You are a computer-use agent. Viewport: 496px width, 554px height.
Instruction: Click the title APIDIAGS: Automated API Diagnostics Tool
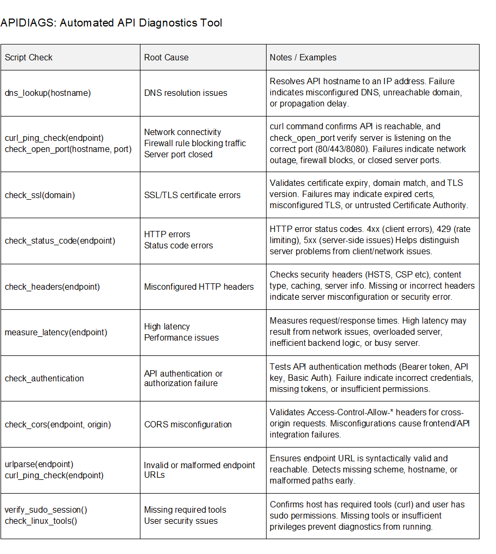(111, 23)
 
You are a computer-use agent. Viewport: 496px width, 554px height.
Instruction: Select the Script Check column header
(29, 57)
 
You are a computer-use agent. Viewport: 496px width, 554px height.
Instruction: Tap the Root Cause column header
(166, 57)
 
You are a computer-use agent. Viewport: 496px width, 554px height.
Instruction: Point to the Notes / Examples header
(303, 57)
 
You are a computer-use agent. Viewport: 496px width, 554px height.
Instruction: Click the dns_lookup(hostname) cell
(48, 93)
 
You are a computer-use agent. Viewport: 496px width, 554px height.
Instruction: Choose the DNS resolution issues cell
(185, 93)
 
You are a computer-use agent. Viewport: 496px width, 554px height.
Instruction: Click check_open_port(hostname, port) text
(68, 149)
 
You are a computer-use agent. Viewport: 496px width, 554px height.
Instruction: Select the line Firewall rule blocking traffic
(194, 143)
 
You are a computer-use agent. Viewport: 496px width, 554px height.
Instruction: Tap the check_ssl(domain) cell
(40, 195)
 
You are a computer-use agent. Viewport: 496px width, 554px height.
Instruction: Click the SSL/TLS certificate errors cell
(192, 195)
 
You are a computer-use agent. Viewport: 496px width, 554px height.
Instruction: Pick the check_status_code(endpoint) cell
(60, 240)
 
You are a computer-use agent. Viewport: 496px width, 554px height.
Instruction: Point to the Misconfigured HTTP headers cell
(199, 287)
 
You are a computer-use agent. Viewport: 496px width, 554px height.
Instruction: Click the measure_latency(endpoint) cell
(56, 332)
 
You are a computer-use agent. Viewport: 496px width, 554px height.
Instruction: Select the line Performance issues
(181, 337)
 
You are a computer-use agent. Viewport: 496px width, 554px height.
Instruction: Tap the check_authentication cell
(44, 378)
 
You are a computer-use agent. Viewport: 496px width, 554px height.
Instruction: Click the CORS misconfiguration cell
(188, 424)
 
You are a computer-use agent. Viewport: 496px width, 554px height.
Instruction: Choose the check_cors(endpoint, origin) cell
(58, 424)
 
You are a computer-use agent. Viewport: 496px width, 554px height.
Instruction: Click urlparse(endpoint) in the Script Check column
(39, 464)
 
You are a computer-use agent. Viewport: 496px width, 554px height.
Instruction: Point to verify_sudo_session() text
(46, 510)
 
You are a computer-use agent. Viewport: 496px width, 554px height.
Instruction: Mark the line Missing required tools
(185, 510)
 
